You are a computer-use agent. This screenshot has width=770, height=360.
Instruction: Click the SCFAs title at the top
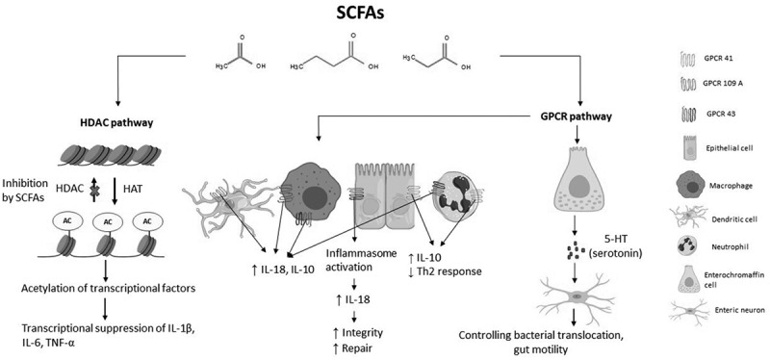(360, 13)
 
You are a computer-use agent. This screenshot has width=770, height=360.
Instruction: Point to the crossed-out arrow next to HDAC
(93, 190)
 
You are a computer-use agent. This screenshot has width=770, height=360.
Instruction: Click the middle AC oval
(108, 222)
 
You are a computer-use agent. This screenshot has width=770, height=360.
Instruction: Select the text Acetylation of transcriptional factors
(109, 289)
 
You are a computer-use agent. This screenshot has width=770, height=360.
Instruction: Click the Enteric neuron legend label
(730, 309)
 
